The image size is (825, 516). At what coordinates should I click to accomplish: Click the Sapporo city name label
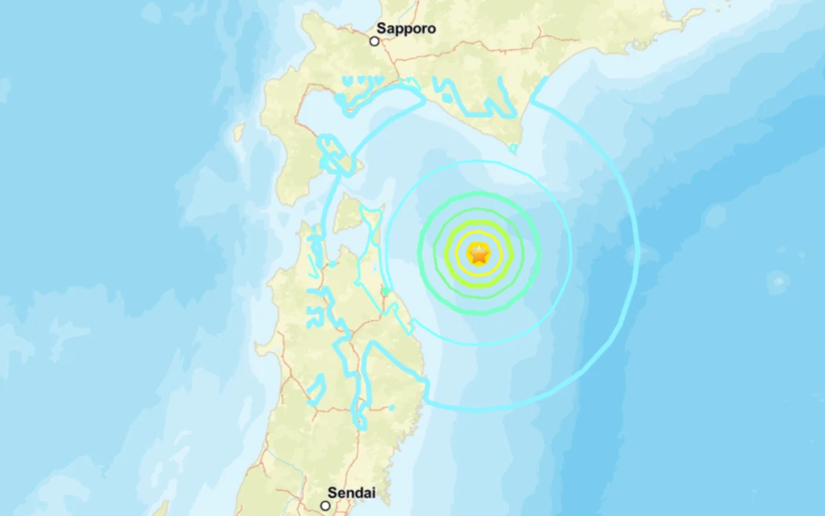coord(405,29)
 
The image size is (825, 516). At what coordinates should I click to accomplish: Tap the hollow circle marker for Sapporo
coord(375,40)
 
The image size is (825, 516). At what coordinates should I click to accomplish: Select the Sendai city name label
coord(351,493)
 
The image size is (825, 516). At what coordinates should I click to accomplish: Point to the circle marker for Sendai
coord(324,505)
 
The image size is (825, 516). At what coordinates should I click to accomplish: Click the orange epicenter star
coord(478,254)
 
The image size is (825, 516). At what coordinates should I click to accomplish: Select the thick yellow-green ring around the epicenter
coord(478,222)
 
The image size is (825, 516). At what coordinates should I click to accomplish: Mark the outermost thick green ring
coord(478,193)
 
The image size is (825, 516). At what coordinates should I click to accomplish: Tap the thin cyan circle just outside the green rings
coord(478,161)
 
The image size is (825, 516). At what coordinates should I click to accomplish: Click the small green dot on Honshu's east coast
coord(385,292)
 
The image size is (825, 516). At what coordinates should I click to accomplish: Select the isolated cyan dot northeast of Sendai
coord(392,408)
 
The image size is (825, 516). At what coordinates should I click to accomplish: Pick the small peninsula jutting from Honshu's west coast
coord(266,345)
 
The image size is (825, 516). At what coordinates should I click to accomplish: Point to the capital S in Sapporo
coord(381,29)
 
